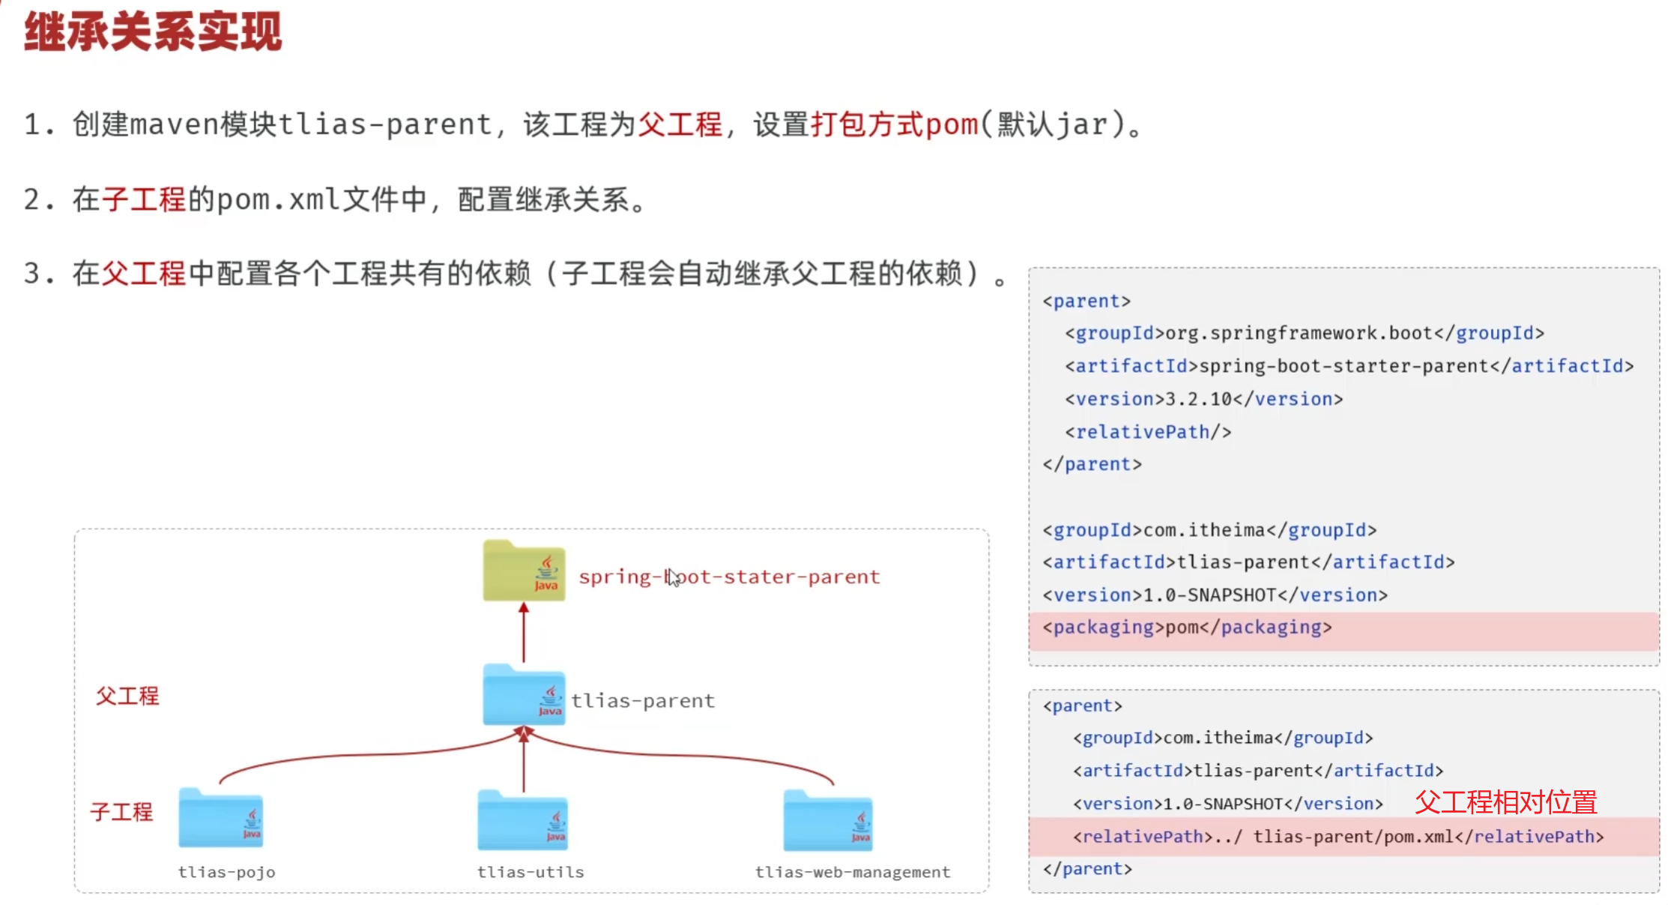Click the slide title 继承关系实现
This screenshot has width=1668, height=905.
coord(153,32)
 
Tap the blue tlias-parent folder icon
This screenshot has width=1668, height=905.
coord(524,695)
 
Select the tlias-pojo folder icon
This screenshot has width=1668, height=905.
coord(221,819)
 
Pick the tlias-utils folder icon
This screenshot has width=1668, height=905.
coord(523,820)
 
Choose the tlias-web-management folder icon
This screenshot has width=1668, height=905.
coord(828,821)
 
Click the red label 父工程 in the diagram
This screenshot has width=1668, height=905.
coord(127,696)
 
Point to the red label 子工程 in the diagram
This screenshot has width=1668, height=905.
coord(121,811)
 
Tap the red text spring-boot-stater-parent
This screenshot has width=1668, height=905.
coord(729,577)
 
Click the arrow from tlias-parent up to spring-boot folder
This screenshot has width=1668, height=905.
coord(524,632)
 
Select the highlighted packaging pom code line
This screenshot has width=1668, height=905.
coord(1187,628)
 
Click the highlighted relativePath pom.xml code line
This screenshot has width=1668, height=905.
coord(1338,837)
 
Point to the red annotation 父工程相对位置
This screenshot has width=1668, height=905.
coord(1505,802)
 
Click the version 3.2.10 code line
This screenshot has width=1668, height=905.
coord(1203,399)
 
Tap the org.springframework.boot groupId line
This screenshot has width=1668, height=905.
coord(1304,333)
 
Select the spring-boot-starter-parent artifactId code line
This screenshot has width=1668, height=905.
coord(1349,366)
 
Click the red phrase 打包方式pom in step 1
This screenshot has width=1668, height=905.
coord(895,124)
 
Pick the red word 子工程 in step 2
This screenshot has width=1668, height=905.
coord(144,199)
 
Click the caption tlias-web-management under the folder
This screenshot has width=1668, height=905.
coord(852,872)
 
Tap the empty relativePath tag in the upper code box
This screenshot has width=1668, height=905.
coord(1148,432)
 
